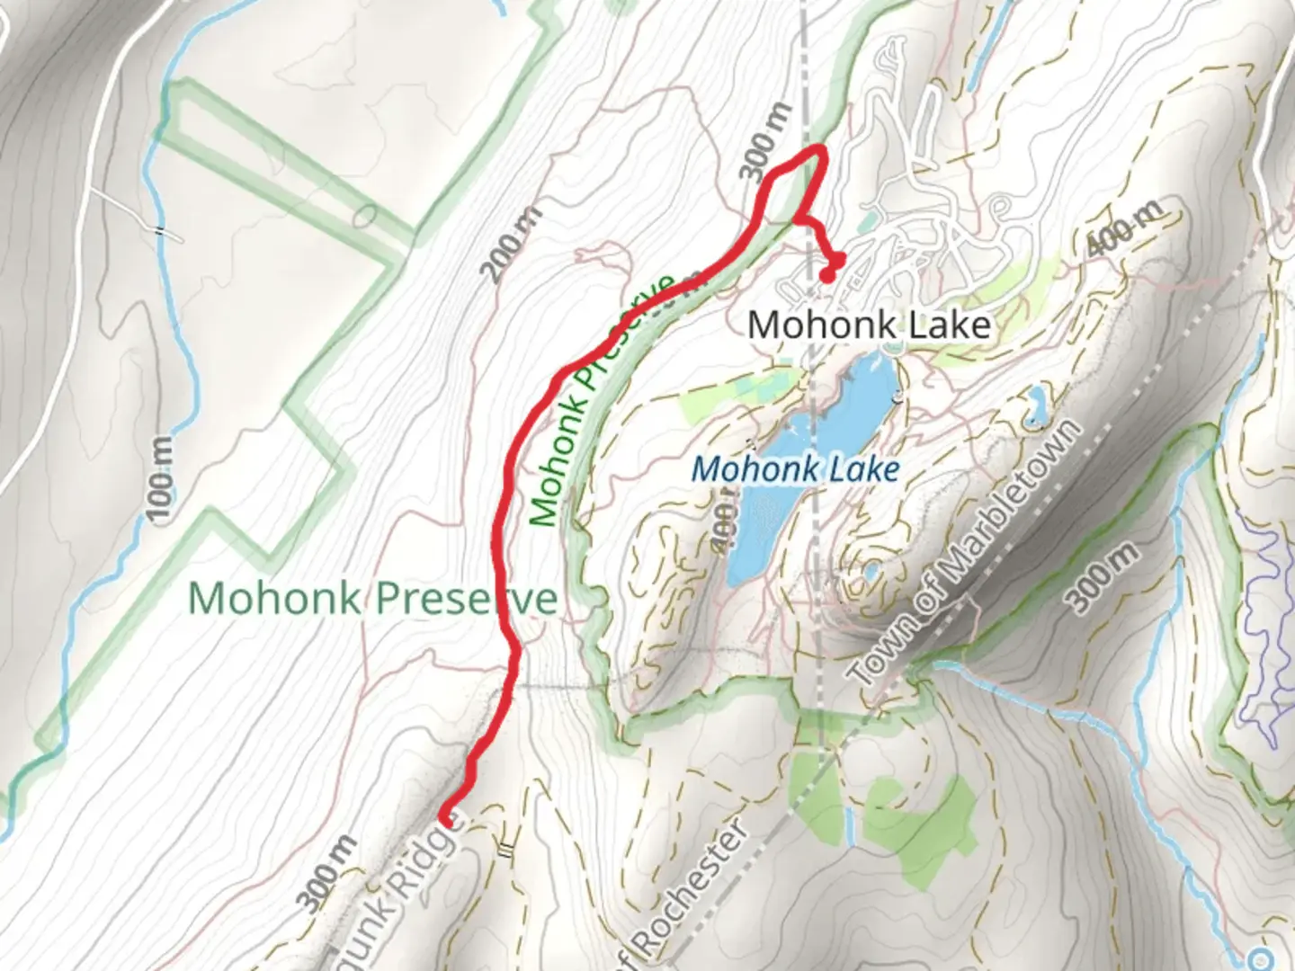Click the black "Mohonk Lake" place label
[869, 325]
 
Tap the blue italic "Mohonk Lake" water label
[796, 469]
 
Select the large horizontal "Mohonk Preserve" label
[372, 598]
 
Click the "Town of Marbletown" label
[964, 554]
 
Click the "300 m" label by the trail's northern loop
[768, 141]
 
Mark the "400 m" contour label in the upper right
[1125, 227]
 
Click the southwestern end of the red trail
[445, 818]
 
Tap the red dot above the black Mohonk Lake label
[826, 275]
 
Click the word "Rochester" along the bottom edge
[692, 888]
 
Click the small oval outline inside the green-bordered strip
[365, 217]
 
